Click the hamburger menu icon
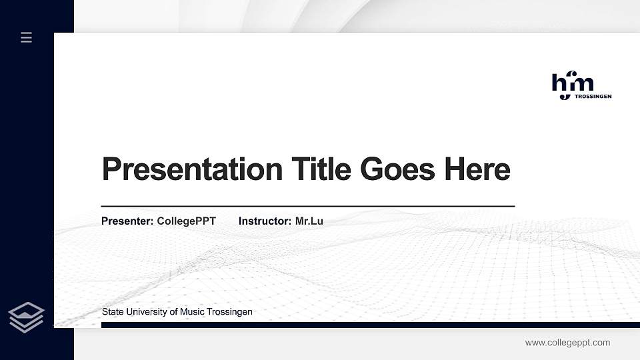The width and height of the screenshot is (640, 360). coord(26,37)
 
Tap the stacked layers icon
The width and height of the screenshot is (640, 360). coord(27,317)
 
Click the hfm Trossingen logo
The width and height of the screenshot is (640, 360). coord(581,87)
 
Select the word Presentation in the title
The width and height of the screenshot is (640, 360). coord(192,169)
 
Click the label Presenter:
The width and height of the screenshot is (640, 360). coord(127,221)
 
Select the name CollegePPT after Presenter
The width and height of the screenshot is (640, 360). coord(186,221)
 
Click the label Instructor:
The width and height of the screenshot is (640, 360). coord(265,221)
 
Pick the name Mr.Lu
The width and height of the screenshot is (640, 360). coord(309,221)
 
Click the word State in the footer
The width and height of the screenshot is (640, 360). coord(113,312)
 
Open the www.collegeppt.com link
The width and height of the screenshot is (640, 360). coord(567,343)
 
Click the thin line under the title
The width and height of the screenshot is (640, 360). coord(307,206)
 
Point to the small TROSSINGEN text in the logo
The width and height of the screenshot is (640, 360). coord(593,97)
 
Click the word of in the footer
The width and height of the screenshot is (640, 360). coord(176,312)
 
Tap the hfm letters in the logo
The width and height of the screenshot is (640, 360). coord(572,83)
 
